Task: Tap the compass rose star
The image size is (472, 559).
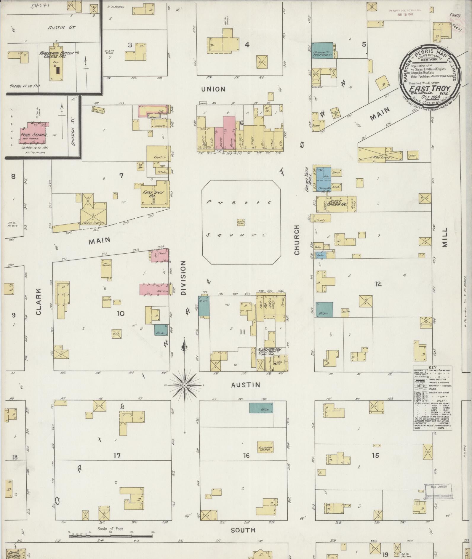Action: [x=184, y=385]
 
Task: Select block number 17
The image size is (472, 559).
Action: [x=117, y=456]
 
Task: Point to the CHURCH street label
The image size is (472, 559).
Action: [x=297, y=240]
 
